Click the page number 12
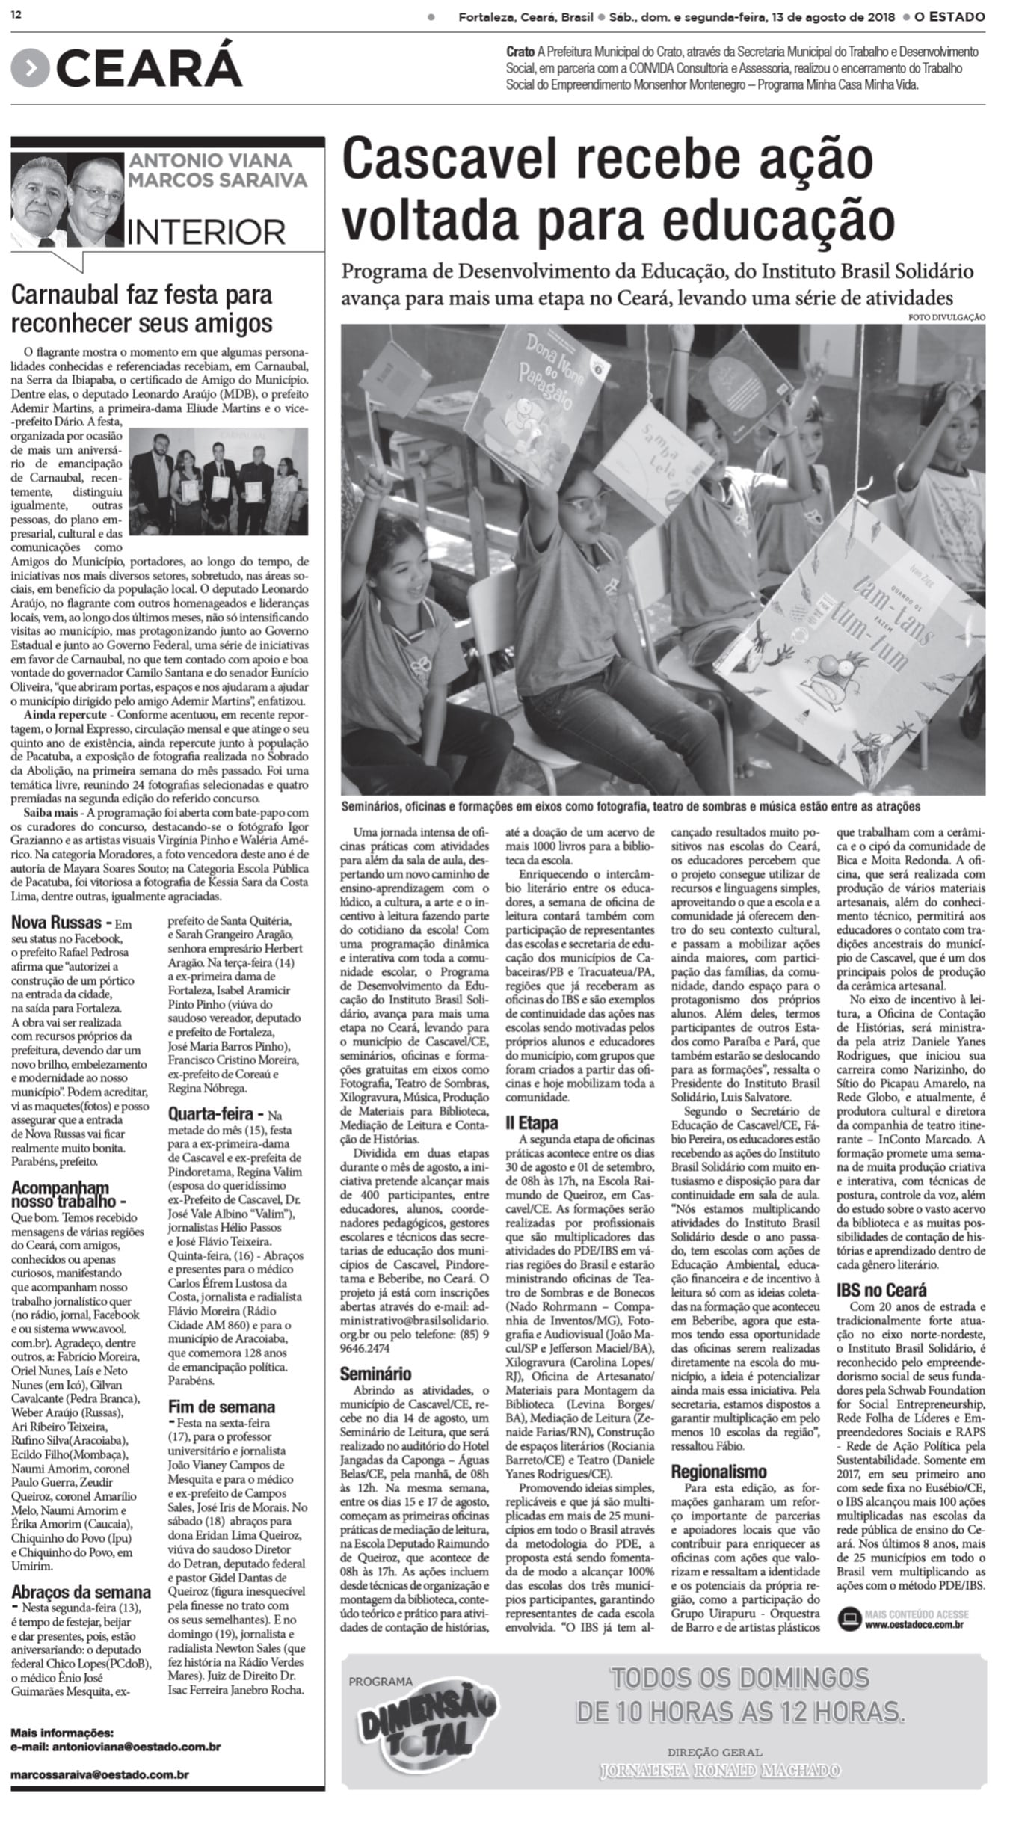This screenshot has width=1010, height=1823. (16, 16)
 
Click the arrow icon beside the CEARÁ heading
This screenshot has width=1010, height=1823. (30, 69)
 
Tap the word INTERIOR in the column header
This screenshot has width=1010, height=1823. (206, 232)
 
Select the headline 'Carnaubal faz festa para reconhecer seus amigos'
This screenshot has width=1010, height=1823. (141, 310)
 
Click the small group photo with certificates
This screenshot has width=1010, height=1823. (218, 481)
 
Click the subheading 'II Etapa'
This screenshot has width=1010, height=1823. (532, 1123)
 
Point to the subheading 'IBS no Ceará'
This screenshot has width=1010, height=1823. (881, 1290)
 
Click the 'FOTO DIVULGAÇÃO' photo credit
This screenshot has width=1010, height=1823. (946, 318)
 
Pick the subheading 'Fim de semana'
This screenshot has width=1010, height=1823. (221, 1407)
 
